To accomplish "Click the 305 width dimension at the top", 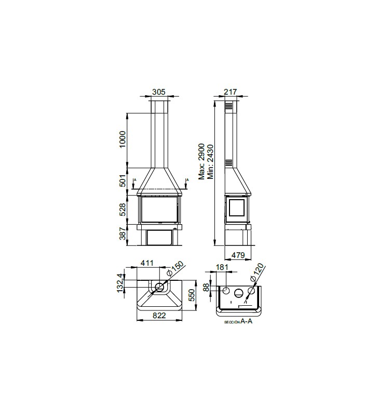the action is tap(159, 92).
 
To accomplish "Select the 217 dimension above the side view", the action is tap(231, 92).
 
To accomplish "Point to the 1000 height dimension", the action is tap(123, 139).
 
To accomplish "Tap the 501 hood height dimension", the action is tap(123, 180).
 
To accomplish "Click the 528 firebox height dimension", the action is tap(123, 210).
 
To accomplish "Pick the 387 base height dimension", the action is tap(123, 233).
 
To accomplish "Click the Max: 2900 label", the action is tap(201, 162).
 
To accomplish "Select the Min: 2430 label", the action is tap(210, 162).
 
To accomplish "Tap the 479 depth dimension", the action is tap(238, 255).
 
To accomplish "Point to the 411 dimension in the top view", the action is tap(147, 263).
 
